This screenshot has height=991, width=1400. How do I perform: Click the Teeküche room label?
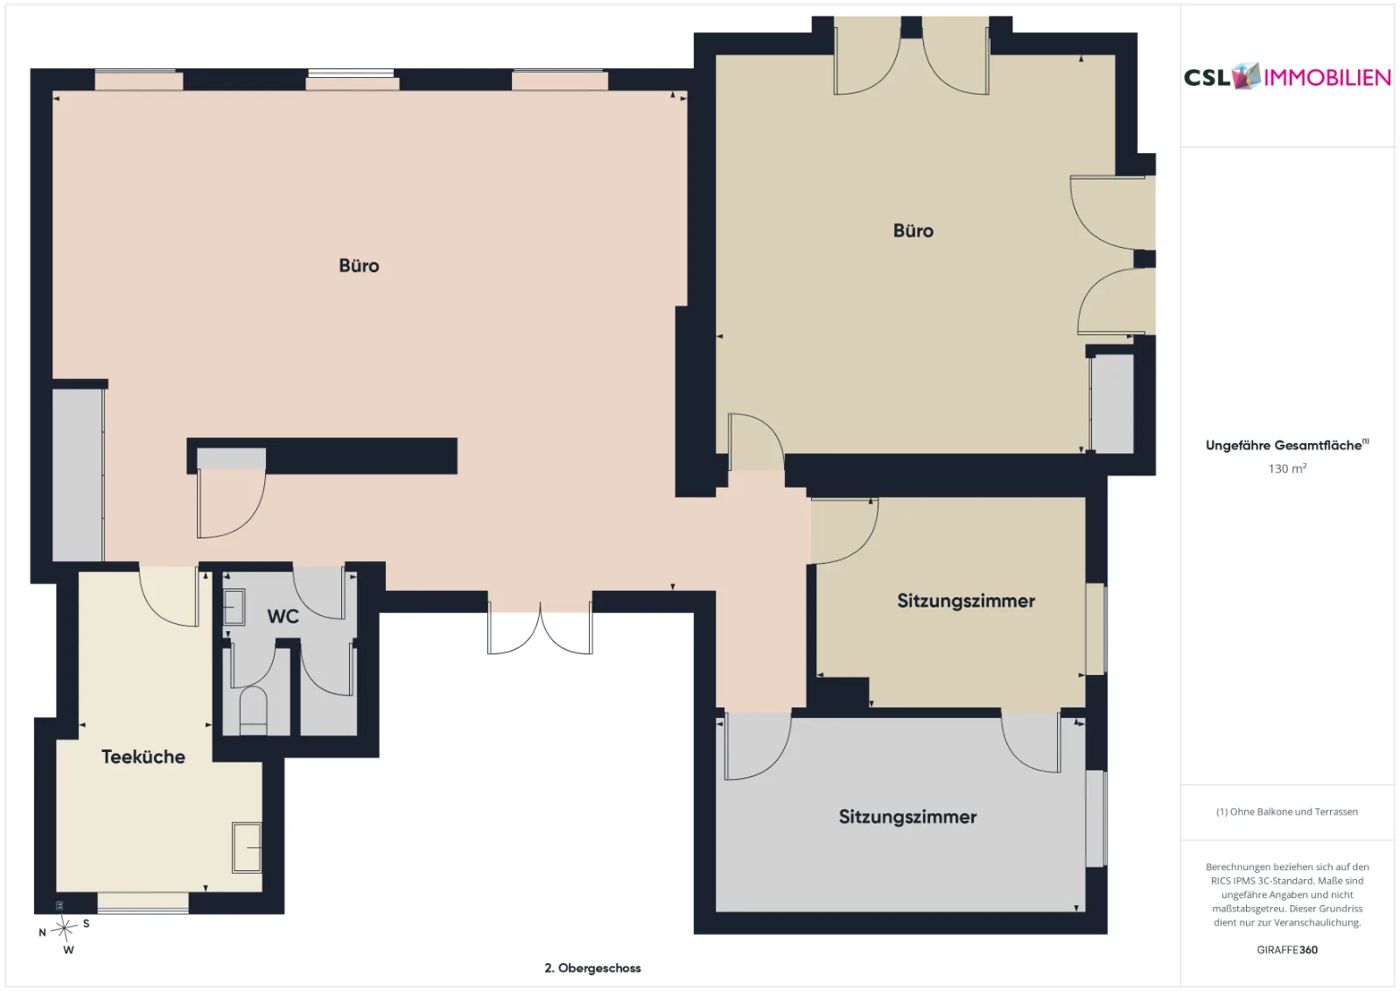(143, 756)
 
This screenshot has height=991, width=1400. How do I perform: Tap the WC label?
(283, 616)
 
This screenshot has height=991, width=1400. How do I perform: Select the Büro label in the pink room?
(359, 266)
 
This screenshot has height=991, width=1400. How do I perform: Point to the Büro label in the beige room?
(913, 231)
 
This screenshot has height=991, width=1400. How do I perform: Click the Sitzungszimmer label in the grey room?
(907, 817)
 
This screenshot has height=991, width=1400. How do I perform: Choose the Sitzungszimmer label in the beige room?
(966, 601)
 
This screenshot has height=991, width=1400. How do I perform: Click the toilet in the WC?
(253, 711)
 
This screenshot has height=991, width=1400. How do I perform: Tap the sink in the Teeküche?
(247, 847)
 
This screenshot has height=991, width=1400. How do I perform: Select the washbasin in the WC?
(234, 607)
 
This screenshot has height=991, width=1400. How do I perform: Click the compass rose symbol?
(64, 929)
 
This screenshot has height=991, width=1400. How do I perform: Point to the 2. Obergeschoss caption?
(592, 968)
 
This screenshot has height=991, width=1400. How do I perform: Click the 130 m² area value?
(1287, 468)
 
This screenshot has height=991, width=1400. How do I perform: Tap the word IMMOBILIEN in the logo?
(1326, 78)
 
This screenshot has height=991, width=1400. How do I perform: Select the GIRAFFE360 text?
(1287, 950)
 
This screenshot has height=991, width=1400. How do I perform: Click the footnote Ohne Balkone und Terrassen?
(1287, 812)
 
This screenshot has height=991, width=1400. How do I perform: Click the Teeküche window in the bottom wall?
(143, 903)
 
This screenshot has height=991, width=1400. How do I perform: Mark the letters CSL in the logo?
(1207, 78)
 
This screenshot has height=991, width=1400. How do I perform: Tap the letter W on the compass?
(69, 950)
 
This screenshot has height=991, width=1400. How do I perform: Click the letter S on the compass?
(87, 924)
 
